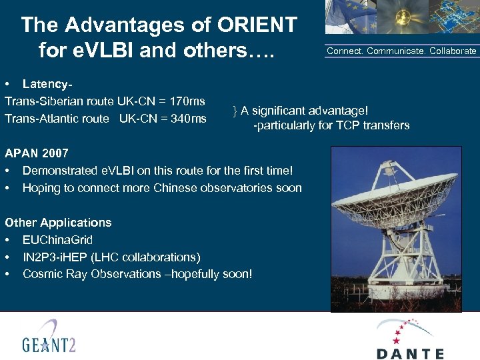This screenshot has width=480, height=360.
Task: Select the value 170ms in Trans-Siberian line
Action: point(187,101)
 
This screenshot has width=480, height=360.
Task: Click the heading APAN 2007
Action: point(36,153)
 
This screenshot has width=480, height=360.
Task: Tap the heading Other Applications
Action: point(58,223)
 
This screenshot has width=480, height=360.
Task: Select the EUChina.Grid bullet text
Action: point(57,240)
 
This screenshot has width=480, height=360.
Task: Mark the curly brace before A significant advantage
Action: point(235,110)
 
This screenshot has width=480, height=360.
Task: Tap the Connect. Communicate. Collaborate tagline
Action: point(401,51)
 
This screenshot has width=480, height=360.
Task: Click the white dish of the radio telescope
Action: point(393,193)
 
